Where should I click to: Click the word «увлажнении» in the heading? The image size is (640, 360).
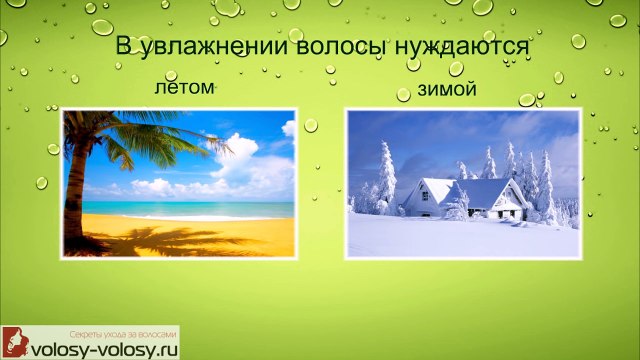click(x=206, y=48)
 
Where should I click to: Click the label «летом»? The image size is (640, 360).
click(x=185, y=88)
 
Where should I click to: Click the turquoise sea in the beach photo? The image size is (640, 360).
click(x=200, y=209)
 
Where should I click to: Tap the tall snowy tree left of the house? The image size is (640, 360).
click(x=386, y=180)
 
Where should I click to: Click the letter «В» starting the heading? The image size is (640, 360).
click(x=123, y=48)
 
